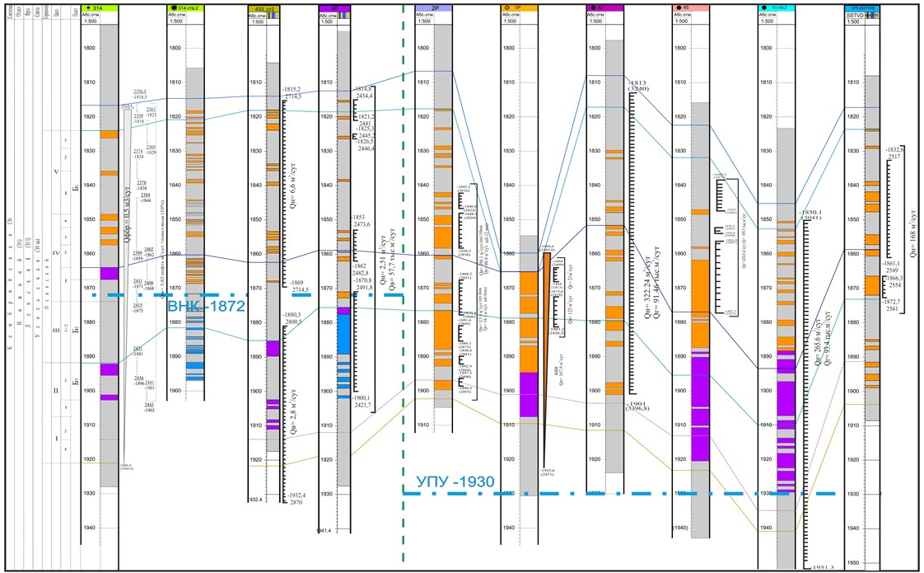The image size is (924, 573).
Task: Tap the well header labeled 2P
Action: click(x=434, y=7)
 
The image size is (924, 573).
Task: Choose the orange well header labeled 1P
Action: click(x=519, y=7)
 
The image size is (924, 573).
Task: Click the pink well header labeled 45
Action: click(x=691, y=7)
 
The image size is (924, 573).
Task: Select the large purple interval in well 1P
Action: click(x=527, y=394)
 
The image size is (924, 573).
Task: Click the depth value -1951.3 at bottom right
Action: click(x=823, y=568)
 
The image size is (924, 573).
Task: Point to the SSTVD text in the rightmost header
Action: click(x=865, y=15)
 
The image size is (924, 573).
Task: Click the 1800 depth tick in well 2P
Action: click(x=423, y=49)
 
